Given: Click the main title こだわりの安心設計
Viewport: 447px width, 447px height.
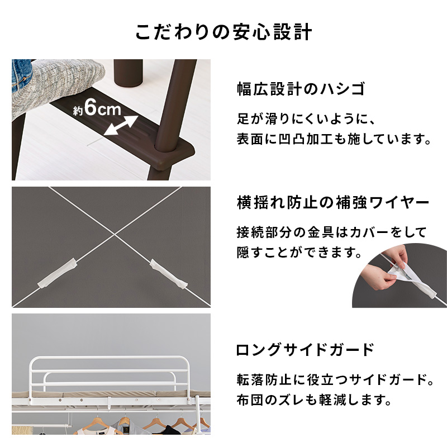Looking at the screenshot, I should coord(223,32).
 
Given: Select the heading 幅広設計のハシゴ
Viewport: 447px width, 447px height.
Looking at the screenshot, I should coord(301,89).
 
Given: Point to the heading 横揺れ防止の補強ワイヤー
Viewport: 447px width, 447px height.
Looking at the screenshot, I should coord(332,202).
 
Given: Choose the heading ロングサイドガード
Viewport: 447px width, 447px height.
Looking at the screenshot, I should coord(305,351).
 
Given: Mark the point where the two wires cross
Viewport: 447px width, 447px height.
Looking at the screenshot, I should coord(115,235).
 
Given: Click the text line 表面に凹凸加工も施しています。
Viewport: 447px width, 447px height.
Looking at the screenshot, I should coord(334,139).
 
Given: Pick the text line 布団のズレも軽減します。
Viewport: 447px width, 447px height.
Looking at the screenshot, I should coord(312,401).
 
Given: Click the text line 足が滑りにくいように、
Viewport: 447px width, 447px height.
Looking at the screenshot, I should coord(301,118).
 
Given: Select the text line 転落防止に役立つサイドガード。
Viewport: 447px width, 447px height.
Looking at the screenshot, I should coord(335,381).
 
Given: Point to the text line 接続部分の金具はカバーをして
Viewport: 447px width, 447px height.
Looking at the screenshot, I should coord(331,231).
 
